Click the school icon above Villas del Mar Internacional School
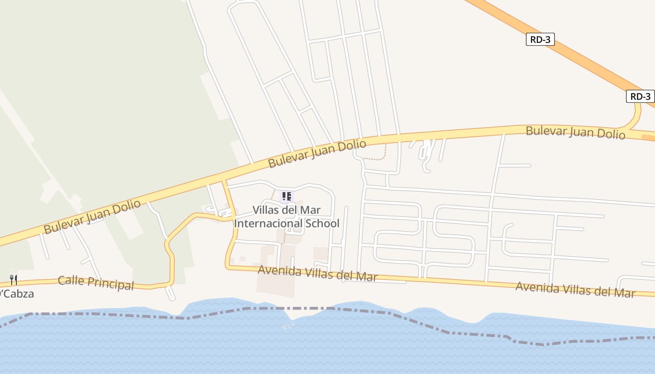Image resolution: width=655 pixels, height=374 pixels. (x=286, y=197)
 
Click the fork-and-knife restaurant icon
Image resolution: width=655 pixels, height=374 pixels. (x=14, y=280)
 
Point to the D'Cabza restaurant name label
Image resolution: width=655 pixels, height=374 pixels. (x=17, y=294)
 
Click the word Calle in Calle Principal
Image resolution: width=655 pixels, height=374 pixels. (x=72, y=280)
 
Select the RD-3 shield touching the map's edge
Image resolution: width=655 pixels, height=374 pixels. (x=640, y=97)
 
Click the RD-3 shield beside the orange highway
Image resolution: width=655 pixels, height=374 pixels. (x=540, y=40)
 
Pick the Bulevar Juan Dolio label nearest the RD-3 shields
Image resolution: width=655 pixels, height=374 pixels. (x=575, y=132)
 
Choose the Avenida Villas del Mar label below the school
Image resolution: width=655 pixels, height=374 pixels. (x=317, y=273)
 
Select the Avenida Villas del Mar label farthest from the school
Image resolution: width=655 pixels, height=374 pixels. (x=575, y=289)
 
